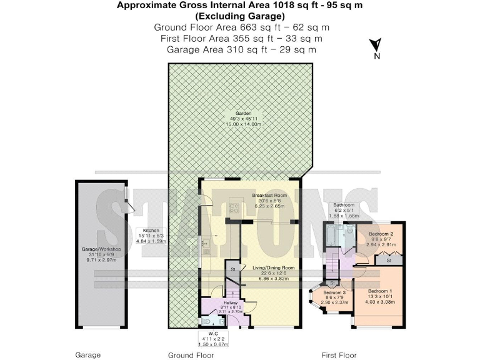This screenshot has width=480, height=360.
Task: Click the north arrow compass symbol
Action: click(376, 47)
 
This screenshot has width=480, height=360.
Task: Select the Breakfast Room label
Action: click(268, 196)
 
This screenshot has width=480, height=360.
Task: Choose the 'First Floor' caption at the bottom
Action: click(339, 355)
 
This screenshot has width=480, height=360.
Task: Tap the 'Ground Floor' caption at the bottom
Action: click(191, 355)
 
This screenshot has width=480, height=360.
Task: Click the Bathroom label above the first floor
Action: click(343, 205)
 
